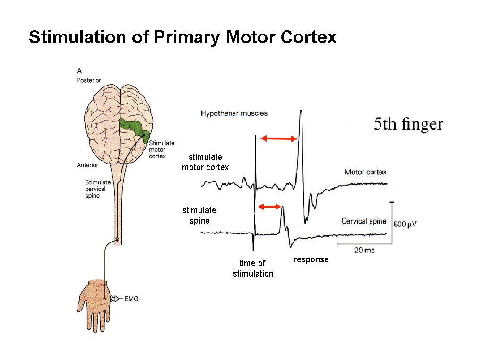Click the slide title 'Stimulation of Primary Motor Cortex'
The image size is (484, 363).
[x=182, y=37]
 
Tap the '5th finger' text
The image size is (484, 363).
[x=408, y=124]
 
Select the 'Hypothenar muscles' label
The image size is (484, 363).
[x=234, y=113]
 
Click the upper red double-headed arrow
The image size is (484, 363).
[x=279, y=138]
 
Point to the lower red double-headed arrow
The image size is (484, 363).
[x=269, y=207]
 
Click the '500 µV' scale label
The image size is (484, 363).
[x=405, y=224]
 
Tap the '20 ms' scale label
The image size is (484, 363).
[x=364, y=250]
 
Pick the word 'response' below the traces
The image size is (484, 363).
[x=311, y=259]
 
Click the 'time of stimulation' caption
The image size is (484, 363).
[x=253, y=268]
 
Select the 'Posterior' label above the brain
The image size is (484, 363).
[x=89, y=80]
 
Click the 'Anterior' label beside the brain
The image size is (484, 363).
[x=87, y=165]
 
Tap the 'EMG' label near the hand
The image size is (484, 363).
[x=131, y=299]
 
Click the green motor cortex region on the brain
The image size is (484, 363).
[x=135, y=127]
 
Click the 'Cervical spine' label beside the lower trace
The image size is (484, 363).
[x=363, y=221]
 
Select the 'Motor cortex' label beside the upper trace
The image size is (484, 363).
[x=365, y=172]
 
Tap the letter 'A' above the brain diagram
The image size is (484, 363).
[x=79, y=71]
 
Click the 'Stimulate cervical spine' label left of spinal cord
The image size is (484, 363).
[x=98, y=189]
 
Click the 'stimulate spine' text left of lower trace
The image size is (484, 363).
[x=199, y=216]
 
